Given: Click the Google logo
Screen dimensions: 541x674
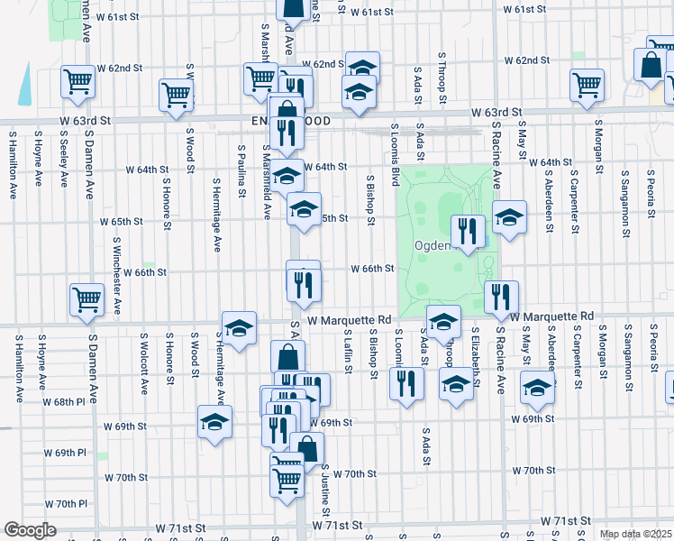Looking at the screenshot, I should [x=31, y=530].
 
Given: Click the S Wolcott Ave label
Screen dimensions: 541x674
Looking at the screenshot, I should [x=144, y=363].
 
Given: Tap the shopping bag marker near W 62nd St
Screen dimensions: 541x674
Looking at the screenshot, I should [x=651, y=66].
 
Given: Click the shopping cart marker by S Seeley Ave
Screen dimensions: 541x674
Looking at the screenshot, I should [x=78, y=81].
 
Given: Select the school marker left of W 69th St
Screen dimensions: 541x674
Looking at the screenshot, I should [x=214, y=422].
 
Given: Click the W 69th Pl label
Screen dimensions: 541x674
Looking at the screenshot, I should [x=69, y=452].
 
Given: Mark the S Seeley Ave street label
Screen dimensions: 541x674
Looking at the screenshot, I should [x=63, y=162].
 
